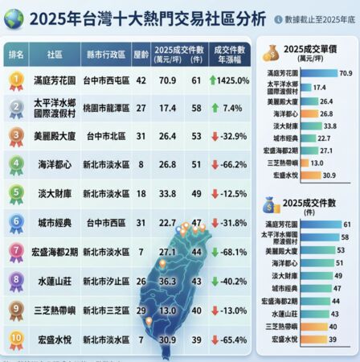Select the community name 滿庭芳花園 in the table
[x=55, y=80]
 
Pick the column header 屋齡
[x=141, y=53]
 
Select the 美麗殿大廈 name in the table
[x=55, y=137]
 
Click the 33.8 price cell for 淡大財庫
[x=167, y=194]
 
